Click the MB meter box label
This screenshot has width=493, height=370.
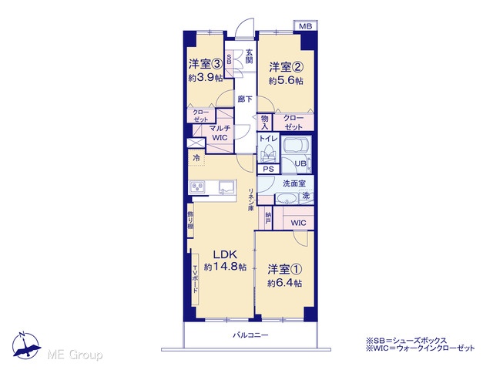point(305,26)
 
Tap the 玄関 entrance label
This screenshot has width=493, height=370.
point(249,56)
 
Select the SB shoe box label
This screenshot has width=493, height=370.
point(229,59)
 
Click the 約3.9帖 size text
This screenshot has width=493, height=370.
point(206,78)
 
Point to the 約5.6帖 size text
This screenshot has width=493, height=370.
point(286,80)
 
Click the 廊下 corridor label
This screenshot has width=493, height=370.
point(245,99)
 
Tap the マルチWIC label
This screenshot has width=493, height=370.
point(220,133)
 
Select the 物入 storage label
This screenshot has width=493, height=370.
point(265,123)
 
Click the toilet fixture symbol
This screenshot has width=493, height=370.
point(268,154)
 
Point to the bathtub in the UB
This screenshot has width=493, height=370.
point(297,146)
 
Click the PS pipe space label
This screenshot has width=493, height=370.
point(268,169)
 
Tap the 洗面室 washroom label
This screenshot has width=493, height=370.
point(294,183)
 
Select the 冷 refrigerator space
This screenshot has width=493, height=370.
point(196,157)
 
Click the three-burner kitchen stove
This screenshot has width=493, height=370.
point(197,187)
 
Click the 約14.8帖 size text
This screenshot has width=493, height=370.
point(225,267)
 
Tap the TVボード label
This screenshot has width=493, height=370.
point(195,279)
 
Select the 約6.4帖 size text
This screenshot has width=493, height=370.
point(285,283)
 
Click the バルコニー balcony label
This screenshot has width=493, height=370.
point(250,335)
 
